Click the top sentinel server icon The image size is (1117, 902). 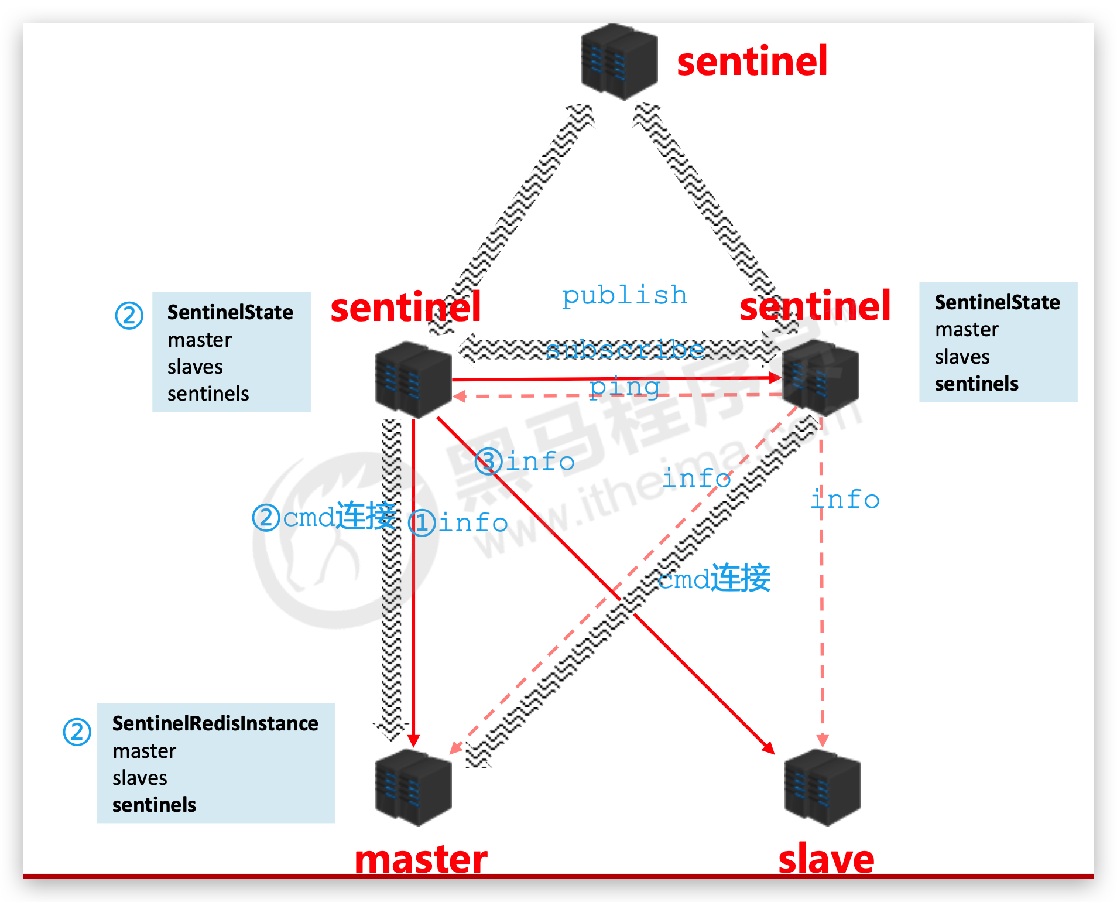[x=618, y=61]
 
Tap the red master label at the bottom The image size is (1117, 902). [x=421, y=859]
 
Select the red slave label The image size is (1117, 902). [x=826, y=859]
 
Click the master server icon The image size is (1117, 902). [x=413, y=788]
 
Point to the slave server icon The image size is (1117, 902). [x=822, y=788]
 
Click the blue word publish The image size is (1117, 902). [x=624, y=296]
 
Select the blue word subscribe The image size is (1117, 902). [x=625, y=350]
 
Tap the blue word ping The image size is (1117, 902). [x=625, y=387]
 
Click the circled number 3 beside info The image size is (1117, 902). [x=488, y=461]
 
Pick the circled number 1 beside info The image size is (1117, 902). [x=422, y=522]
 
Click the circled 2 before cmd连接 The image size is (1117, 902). [x=266, y=518]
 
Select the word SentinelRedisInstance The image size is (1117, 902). [x=215, y=724]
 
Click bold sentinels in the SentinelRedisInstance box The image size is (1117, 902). [x=154, y=805]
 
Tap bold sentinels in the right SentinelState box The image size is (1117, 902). [x=976, y=384]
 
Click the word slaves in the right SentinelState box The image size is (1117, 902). [x=962, y=357]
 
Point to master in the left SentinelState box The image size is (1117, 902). [x=199, y=340]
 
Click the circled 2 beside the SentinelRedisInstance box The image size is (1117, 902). [x=77, y=732]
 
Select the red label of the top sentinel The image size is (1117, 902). [x=752, y=61]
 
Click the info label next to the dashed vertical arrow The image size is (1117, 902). [x=845, y=500]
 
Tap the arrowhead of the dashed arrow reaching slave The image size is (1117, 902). [x=823, y=740]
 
